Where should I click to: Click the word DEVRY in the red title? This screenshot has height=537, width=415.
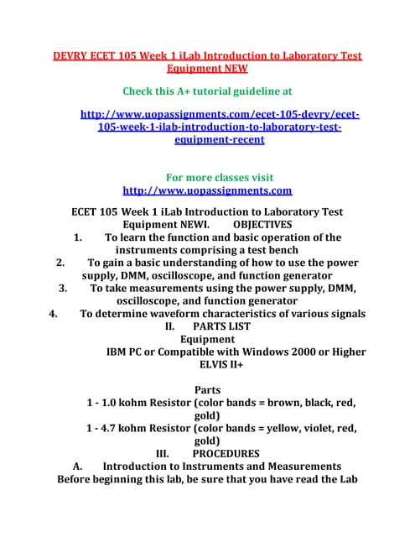[73, 55]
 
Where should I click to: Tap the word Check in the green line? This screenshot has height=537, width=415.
[142, 90]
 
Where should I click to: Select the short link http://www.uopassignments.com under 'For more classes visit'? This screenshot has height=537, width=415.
[207, 190]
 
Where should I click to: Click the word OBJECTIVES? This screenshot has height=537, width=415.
[262, 225]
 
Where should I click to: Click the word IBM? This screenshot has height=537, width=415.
[120, 352]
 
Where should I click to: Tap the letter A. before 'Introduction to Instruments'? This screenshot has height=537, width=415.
[77, 467]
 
